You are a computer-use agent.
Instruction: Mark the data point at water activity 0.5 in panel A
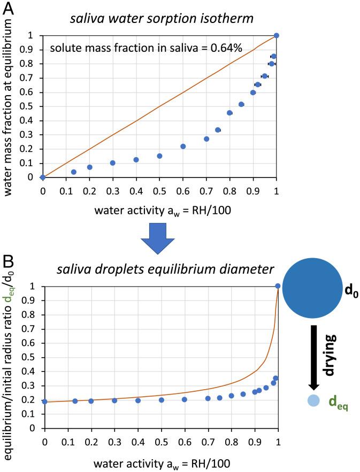tap(159, 156)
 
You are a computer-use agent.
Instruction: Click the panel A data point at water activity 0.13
tap(73, 172)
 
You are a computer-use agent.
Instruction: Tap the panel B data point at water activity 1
tap(278, 286)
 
